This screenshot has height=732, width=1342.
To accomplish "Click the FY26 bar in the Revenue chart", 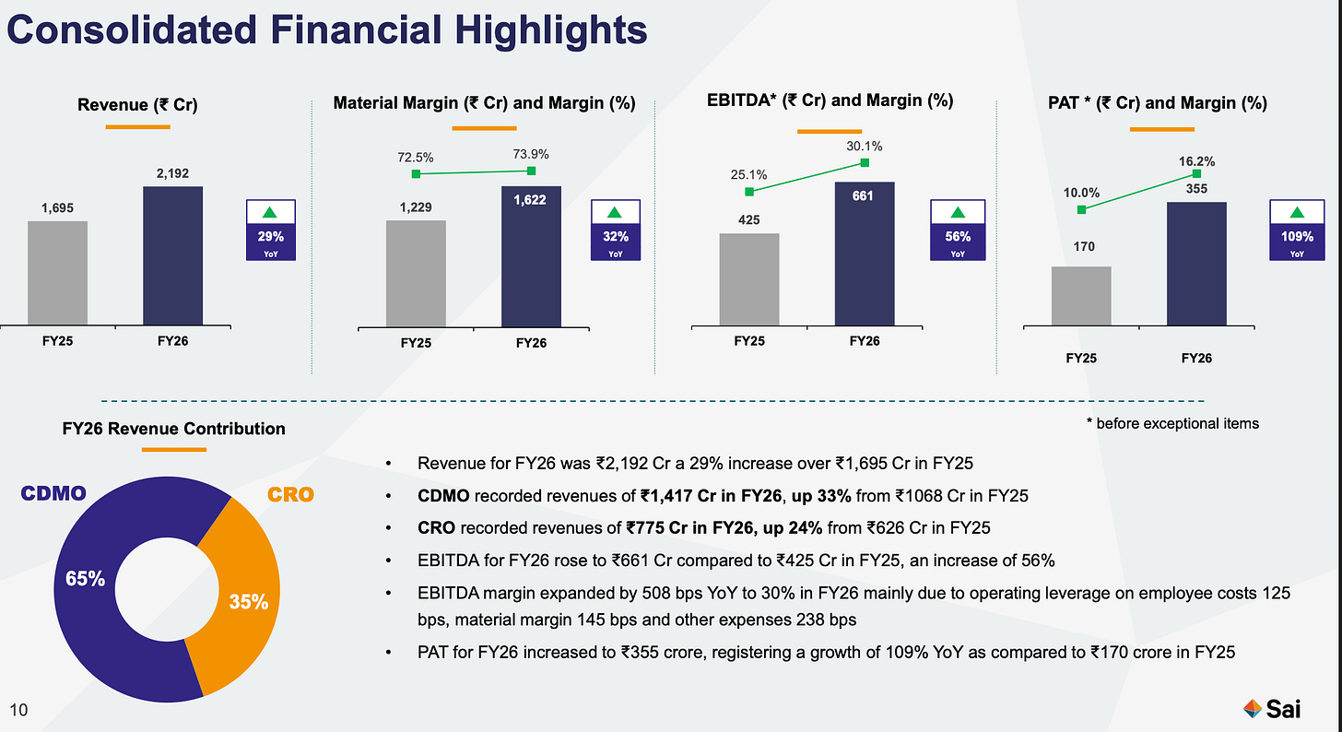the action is [x=172, y=255].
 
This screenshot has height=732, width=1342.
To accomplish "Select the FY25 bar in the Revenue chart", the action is [x=57, y=273].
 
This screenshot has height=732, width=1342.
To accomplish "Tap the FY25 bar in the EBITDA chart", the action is [x=748, y=279].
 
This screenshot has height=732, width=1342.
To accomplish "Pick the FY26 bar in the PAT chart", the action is [x=1196, y=265].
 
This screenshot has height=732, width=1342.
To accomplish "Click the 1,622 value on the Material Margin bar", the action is [x=530, y=200].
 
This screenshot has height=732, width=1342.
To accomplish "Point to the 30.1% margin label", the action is [x=864, y=147].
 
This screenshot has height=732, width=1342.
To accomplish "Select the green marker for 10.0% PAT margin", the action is [x=1081, y=209].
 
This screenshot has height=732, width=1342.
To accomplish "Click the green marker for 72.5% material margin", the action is [x=416, y=173].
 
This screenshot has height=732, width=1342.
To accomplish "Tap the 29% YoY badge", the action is [x=271, y=230].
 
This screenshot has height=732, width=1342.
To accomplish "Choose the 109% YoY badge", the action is [x=1297, y=230].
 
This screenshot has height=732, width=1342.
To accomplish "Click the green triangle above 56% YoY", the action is [x=958, y=212].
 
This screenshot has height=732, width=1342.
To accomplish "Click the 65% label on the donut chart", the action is [x=85, y=579].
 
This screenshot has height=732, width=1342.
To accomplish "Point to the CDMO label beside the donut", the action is [x=53, y=493].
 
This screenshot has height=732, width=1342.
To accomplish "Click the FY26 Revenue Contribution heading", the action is [x=173, y=429].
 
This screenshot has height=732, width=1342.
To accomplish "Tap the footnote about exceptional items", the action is [x=1172, y=423].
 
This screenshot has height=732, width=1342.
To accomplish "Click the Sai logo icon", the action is [x=1252, y=709].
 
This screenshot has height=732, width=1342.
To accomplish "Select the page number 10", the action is [x=18, y=710].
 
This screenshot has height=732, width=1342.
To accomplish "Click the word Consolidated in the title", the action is [x=132, y=30].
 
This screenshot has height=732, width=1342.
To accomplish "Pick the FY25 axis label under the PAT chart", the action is [x=1081, y=359].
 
